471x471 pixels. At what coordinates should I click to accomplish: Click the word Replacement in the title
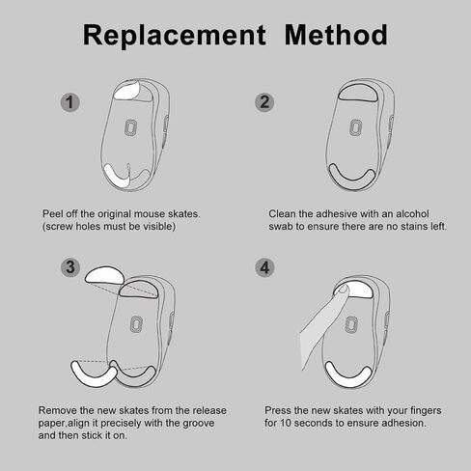coord(175,36)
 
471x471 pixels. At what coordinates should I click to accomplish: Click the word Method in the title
coord(336,35)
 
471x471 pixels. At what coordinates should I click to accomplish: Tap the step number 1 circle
coord(70,102)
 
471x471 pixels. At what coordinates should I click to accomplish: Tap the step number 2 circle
coord(264,102)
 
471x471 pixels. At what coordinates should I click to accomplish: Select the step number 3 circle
coord(70,267)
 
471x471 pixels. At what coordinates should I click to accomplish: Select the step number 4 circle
coord(264,267)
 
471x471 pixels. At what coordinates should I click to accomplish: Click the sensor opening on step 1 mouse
coord(131,127)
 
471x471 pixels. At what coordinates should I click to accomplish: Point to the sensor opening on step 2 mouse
coord(356,127)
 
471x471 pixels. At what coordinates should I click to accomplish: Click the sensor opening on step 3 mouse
coord(136,324)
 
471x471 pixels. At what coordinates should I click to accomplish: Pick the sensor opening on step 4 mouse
coord(351,324)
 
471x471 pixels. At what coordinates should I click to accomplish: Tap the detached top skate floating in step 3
coord(104,275)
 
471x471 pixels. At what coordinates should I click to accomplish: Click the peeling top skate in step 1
coord(127,91)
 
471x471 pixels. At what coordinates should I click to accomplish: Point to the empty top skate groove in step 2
coord(358,93)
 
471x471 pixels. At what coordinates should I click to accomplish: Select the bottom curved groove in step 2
coord(351,180)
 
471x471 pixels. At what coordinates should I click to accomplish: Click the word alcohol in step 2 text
coord(412,214)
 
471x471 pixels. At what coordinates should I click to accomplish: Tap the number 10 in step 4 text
coord(286,423)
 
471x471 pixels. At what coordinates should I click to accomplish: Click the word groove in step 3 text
coord(199,423)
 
